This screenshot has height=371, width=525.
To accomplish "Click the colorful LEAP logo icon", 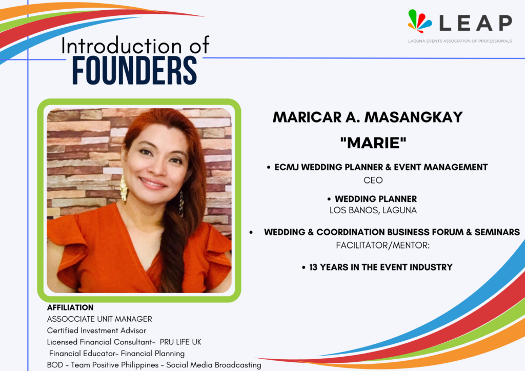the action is [x=419, y=20].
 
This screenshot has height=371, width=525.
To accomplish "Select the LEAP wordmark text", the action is [x=475, y=23].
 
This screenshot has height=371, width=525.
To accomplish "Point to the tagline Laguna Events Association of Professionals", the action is [x=460, y=41].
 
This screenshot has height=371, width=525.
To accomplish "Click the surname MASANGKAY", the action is [x=413, y=117].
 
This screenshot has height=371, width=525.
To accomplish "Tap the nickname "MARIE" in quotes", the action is [x=373, y=143].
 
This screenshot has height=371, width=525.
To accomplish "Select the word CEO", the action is [x=373, y=180].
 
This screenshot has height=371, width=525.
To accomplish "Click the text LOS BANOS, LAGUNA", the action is [x=373, y=211].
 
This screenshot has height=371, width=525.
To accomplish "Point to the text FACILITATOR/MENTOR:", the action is [x=382, y=245].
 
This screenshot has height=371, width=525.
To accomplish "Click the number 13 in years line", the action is [x=313, y=267].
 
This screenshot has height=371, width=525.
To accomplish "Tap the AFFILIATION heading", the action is [x=70, y=307].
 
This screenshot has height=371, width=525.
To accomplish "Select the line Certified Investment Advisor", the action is [x=96, y=331].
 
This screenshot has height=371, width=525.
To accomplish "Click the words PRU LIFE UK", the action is [x=180, y=342].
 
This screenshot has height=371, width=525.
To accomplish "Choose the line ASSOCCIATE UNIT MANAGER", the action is [x=99, y=319].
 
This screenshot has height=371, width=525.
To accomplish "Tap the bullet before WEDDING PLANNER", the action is [x=329, y=199].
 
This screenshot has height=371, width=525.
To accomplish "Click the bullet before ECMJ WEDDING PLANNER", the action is [x=269, y=167].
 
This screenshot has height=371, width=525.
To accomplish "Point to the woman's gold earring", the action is [x=124, y=189].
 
